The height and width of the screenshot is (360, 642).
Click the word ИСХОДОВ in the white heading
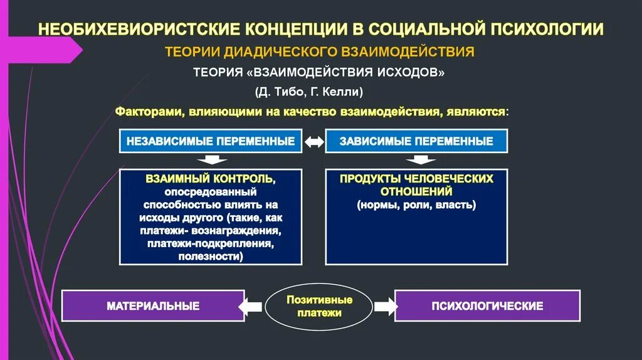(x=411, y=72)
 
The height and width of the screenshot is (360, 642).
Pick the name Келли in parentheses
(x=342, y=92)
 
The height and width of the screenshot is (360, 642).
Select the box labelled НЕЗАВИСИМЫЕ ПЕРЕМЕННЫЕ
(x=211, y=141)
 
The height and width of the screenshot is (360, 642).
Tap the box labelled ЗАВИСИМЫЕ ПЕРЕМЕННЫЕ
(x=416, y=141)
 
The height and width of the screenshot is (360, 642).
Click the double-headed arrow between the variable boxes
(x=313, y=142)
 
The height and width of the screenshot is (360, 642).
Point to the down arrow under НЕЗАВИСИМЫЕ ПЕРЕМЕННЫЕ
(x=211, y=159)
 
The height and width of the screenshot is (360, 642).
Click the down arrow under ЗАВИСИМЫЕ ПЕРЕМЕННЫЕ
(x=416, y=159)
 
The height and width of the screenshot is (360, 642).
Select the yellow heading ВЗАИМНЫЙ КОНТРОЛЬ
(x=211, y=179)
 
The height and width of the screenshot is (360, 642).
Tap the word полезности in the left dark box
(x=211, y=257)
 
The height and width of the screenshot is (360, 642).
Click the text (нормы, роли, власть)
(x=416, y=205)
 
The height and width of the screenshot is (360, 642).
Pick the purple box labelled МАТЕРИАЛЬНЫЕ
(x=153, y=306)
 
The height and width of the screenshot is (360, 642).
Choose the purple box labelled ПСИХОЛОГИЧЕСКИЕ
(x=487, y=306)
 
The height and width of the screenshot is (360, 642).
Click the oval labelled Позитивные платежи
(x=319, y=306)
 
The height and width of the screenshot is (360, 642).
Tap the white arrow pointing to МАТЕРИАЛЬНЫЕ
(x=252, y=306)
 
